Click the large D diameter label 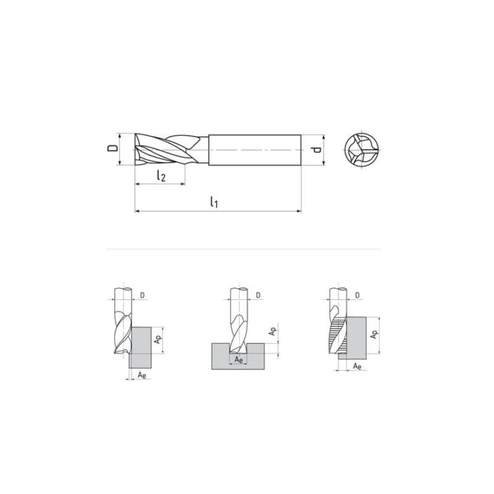point(112,148)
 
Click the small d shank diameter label point(317,149)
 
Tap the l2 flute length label point(161,175)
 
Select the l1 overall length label point(214,202)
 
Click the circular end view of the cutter point(362,149)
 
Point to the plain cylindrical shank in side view point(254,149)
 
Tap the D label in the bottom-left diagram point(143,295)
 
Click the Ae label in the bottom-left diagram point(142,375)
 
